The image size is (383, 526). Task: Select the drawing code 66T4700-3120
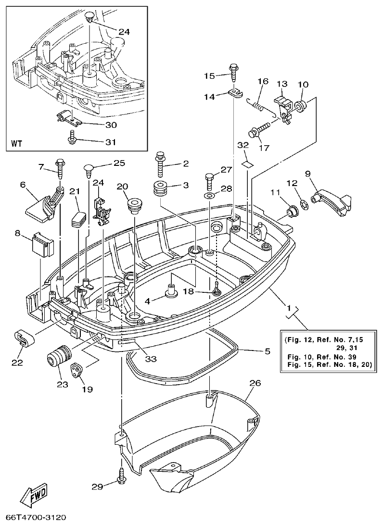pyautogui.click(x=36, y=518)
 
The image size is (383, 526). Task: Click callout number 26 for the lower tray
pyautogui.click(x=255, y=383)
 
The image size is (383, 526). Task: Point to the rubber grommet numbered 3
pyautogui.click(x=160, y=189)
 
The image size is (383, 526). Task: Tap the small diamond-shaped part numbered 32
pyautogui.click(x=246, y=163)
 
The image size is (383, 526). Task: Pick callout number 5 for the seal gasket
pyautogui.click(x=267, y=351)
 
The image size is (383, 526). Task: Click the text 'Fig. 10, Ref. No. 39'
pyautogui.click(x=323, y=357)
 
